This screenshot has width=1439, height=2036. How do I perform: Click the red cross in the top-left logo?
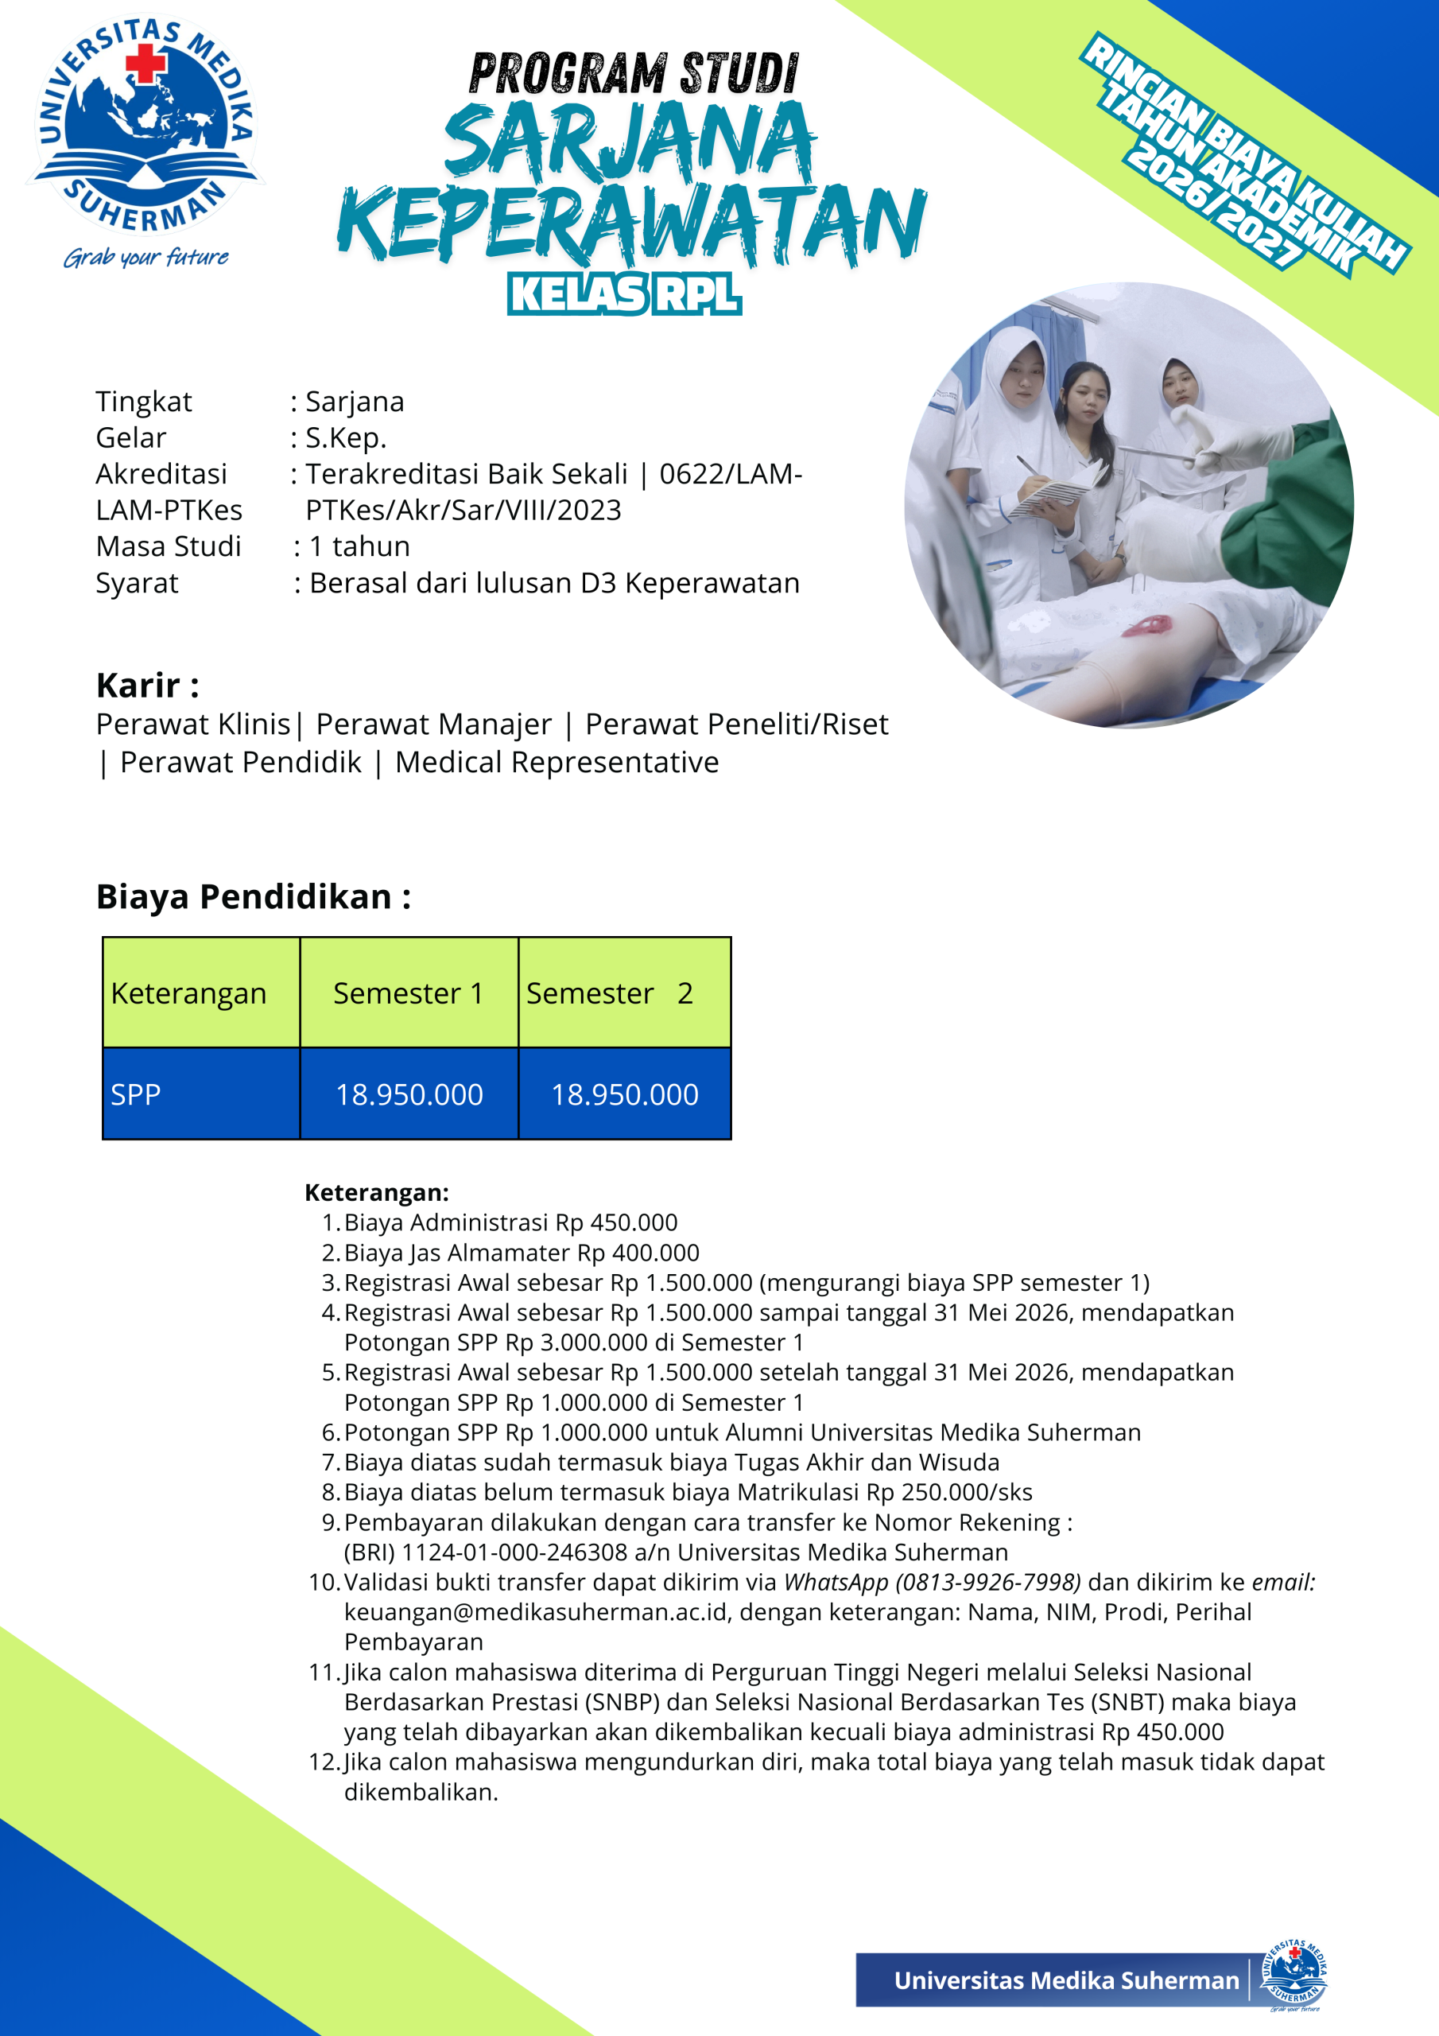pyautogui.click(x=146, y=64)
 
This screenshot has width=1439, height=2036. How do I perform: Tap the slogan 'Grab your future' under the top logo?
pyautogui.click(x=145, y=257)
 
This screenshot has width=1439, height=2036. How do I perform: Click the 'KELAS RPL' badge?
pyautogui.click(x=624, y=293)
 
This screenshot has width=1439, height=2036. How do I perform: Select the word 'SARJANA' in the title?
pyautogui.click(x=630, y=140)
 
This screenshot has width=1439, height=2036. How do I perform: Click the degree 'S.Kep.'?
pyautogui.click(x=346, y=438)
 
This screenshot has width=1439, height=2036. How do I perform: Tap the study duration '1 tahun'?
pyautogui.click(x=359, y=546)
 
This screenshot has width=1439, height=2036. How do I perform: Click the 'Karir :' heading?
pyautogui.click(x=147, y=686)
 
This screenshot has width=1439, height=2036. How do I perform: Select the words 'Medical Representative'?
pyautogui.click(x=557, y=763)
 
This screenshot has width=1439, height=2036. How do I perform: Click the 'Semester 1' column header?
pyautogui.click(x=409, y=993)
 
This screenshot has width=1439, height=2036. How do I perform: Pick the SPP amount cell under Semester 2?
pyautogui.click(x=624, y=1094)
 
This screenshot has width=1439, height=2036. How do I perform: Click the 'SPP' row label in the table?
pyautogui.click(x=136, y=1094)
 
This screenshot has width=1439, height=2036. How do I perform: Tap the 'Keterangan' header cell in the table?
pyautogui.click(x=189, y=993)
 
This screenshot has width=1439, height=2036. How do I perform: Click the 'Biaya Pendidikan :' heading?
pyautogui.click(x=254, y=896)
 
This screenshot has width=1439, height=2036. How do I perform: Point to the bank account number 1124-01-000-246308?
pyautogui.click(x=514, y=1552)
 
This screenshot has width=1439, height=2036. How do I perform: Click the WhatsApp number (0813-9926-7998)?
pyautogui.click(x=988, y=1582)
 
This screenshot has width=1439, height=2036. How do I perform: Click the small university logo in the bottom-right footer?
pyautogui.click(x=1294, y=1976)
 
